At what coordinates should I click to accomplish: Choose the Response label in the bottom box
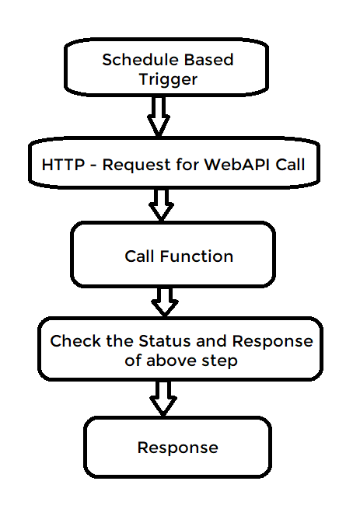(177, 448)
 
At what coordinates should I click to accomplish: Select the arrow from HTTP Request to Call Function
(163, 204)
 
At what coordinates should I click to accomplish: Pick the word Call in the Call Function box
(140, 256)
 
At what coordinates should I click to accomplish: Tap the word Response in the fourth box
(272, 341)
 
